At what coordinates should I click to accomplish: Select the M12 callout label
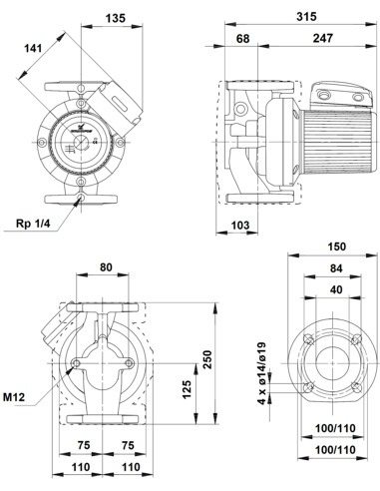pos(18,398)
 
